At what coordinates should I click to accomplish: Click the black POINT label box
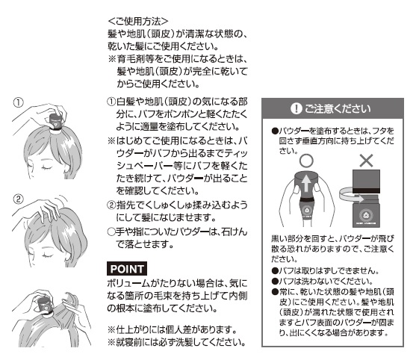[x=127, y=269]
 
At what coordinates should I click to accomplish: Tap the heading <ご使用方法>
[x=138, y=21]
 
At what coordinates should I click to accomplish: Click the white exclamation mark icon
[x=296, y=108]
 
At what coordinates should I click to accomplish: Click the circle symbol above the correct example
[x=306, y=161]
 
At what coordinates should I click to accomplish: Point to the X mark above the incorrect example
[x=366, y=161]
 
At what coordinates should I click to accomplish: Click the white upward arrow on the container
[x=306, y=184]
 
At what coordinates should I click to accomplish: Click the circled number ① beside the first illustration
[x=19, y=102]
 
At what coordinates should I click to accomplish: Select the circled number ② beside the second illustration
[x=19, y=199]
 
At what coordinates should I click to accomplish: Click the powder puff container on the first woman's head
[x=56, y=122]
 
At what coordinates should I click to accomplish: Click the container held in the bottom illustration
[x=45, y=305]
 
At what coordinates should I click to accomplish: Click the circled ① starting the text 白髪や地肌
[x=111, y=102]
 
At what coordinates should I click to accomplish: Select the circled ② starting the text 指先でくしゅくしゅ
[x=111, y=205]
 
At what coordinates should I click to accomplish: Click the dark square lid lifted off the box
[x=366, y=181]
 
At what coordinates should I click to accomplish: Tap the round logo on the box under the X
[x=365, y=215]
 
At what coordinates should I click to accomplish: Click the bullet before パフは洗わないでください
[x=275, y=281]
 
